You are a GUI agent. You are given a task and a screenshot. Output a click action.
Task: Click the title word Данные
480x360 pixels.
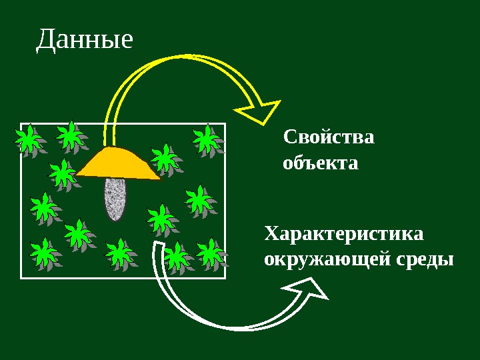(85, 40)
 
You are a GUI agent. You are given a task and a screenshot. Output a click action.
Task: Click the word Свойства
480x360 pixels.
(329, 138)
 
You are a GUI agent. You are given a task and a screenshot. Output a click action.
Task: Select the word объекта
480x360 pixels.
(321, 163)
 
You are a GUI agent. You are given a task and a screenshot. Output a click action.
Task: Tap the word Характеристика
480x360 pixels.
(344, 235)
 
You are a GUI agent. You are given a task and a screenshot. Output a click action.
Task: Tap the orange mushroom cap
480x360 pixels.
(119, 163)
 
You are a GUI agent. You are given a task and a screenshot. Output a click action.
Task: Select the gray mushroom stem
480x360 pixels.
(115, 199)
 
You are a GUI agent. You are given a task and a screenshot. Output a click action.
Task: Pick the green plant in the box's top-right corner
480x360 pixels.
(207, 141)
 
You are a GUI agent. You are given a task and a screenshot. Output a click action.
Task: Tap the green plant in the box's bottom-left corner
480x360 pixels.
(45, 255)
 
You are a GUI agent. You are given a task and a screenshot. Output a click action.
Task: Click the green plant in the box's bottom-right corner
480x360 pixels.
(211, 253)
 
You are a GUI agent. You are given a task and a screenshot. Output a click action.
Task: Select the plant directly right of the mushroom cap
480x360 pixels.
(165, 159)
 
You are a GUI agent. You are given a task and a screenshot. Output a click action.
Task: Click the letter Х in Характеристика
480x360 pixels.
(271, 235)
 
